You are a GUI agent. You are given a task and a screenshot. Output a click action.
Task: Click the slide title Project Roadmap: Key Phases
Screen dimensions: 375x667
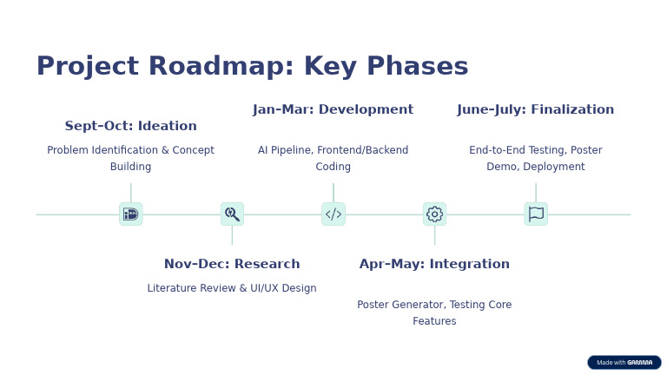[252, 67]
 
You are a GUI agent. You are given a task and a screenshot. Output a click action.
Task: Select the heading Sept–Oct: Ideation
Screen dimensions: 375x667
[130, 126]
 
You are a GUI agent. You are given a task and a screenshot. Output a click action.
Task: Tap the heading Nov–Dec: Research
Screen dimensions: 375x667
[232, 264]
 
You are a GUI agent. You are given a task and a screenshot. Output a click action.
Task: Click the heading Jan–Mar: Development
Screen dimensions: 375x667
[333, 109]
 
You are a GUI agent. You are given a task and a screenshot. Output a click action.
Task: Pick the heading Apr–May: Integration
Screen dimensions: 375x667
[434, 264]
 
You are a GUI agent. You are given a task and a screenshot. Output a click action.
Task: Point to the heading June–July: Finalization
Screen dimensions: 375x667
[535, 109]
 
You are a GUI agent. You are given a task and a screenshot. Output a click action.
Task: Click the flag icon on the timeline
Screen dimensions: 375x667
[536, 214]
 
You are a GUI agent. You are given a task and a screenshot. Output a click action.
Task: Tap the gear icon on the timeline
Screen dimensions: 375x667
[434, 214]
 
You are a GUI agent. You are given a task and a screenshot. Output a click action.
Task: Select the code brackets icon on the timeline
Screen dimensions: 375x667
[333, 214]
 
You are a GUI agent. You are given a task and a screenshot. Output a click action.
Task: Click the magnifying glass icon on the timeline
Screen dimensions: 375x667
[232, 214]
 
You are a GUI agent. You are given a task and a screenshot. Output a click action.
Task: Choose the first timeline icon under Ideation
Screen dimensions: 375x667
[130, 214]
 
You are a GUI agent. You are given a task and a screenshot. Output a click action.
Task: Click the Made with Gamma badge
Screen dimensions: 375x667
[624, 362]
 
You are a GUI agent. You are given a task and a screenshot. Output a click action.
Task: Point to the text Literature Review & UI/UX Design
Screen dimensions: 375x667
[232, 288]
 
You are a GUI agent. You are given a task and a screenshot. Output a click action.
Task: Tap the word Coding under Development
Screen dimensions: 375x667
[333, 167]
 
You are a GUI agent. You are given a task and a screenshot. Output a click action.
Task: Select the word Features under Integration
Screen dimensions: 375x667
[434, 321]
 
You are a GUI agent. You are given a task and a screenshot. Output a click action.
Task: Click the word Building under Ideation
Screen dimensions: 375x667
[130, 167]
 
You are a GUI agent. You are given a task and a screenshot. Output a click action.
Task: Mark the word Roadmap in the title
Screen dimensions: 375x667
[203, 67]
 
